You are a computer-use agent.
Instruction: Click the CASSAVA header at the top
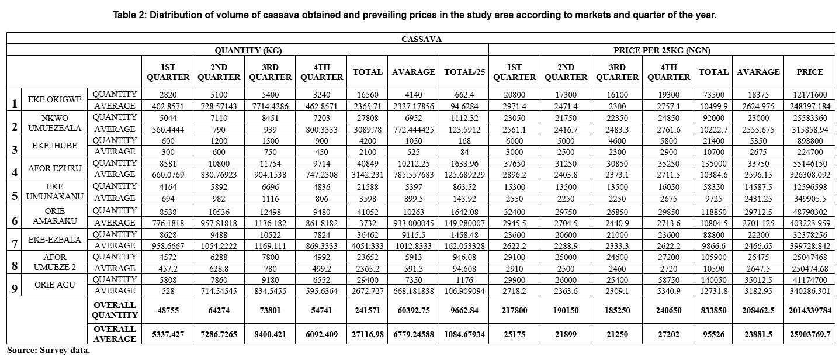[422, 39]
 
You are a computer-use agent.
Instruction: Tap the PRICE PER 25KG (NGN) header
[662, 50]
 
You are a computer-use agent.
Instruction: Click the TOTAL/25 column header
[463, 72]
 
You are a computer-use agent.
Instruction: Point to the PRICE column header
[809, 72]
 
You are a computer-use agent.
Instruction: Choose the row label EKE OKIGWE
[54, 100]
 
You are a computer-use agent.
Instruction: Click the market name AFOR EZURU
[54, 169]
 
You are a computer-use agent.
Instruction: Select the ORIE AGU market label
[54, 285]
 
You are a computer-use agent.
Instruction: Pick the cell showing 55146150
[809, 164]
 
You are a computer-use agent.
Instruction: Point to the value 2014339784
[809, 310]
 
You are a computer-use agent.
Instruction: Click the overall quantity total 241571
[368, 310]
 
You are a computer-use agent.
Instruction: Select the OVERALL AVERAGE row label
[115, 334]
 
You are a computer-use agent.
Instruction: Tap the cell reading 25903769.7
[809, 334]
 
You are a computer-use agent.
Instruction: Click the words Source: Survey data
[49, 351]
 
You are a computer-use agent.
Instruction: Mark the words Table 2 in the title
[130, 15]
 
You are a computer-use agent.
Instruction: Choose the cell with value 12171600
[809, 94]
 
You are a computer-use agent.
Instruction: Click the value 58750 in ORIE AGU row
[668, 279]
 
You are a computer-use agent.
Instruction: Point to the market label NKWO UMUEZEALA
[54, 123]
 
